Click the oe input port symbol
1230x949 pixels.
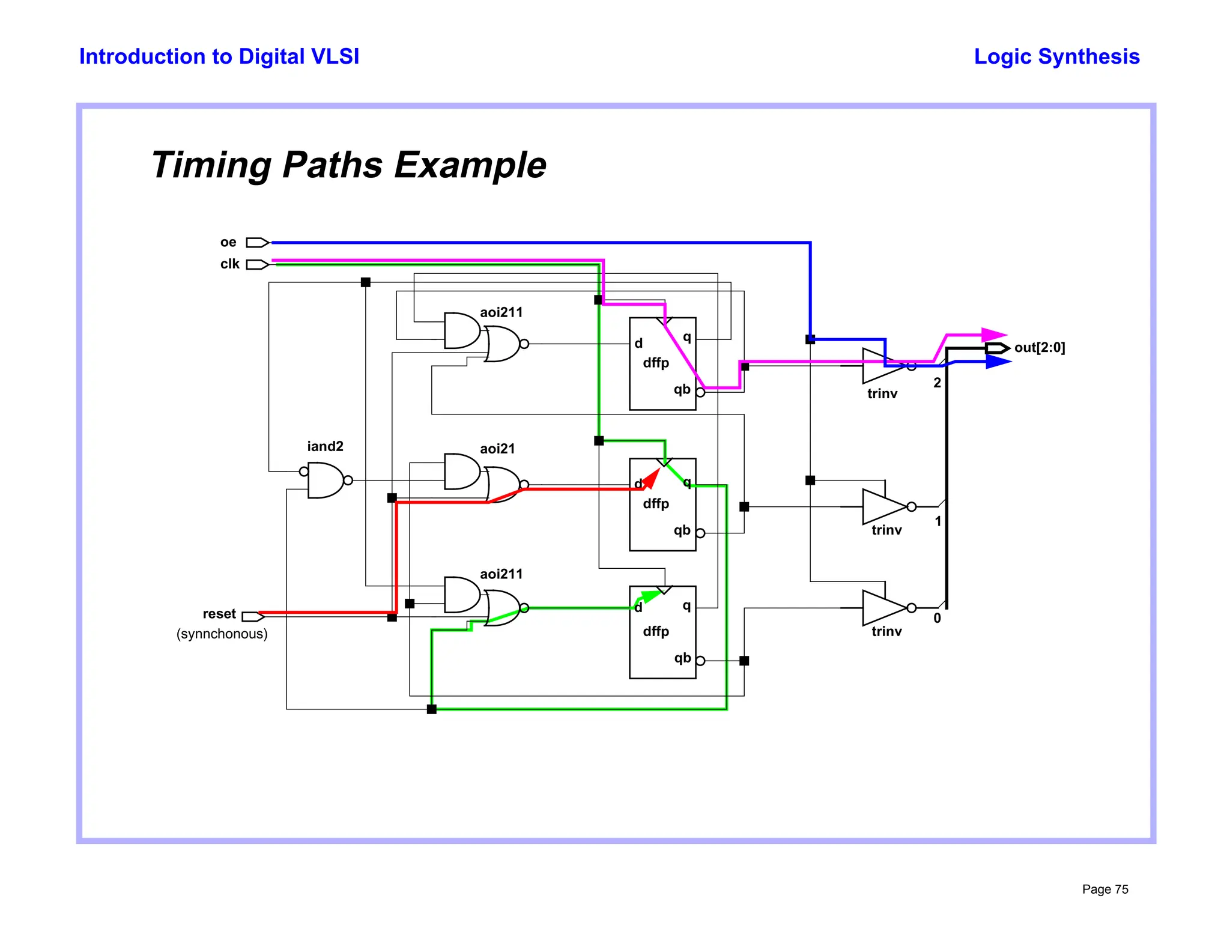click(257, 243)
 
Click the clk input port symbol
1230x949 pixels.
click(257, 264)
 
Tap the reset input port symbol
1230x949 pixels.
click(253, 616)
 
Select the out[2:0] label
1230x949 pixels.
click(1039, 348)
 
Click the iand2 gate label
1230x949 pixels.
click(325, 446)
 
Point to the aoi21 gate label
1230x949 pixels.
click(497, 449)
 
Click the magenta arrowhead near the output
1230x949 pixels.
click(994, 335)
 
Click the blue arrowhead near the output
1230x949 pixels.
click(998, 362)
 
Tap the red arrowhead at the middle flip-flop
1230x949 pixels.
click(652, 478)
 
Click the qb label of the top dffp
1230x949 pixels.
click(682, 389)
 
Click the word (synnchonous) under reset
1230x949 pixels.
click(222, 634)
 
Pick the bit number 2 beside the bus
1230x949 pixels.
click(937, 383)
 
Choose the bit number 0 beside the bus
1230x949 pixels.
click(937, 618)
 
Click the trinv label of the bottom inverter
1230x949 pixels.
click(886, 631)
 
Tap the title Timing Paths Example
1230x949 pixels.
click(348, 165)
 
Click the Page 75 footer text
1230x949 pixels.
click(1104, 889)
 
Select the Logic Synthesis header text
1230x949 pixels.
click(1056, 56)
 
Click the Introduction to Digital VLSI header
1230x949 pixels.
click(219, 56)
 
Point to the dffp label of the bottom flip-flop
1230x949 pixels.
click(656, 631)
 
